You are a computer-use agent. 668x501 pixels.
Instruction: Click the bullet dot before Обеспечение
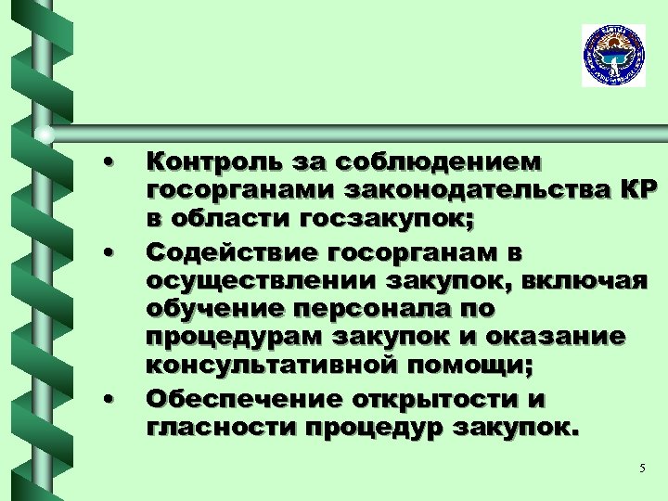click(x=109, y=399)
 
